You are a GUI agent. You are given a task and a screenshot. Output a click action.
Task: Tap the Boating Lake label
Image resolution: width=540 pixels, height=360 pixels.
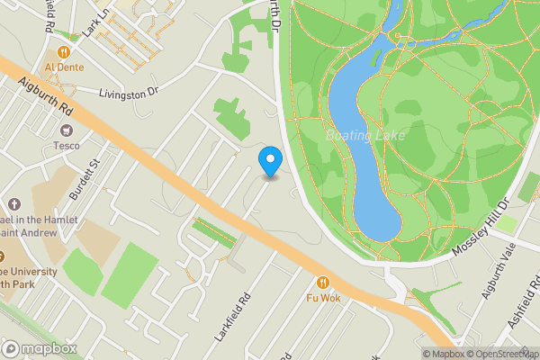tap(366, 135)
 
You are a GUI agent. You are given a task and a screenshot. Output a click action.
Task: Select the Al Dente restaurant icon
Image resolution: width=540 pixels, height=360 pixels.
tap(65, 52)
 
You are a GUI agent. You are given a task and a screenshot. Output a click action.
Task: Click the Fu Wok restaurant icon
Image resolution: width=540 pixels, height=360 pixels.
tap(324, 283)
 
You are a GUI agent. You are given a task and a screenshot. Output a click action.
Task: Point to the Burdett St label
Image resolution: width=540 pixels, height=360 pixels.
tap(86, 166)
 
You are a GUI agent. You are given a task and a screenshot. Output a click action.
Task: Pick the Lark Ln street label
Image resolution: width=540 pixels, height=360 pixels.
tap(94, 22)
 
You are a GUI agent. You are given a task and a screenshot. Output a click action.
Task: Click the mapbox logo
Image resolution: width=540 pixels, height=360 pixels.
tap(38, 348)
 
